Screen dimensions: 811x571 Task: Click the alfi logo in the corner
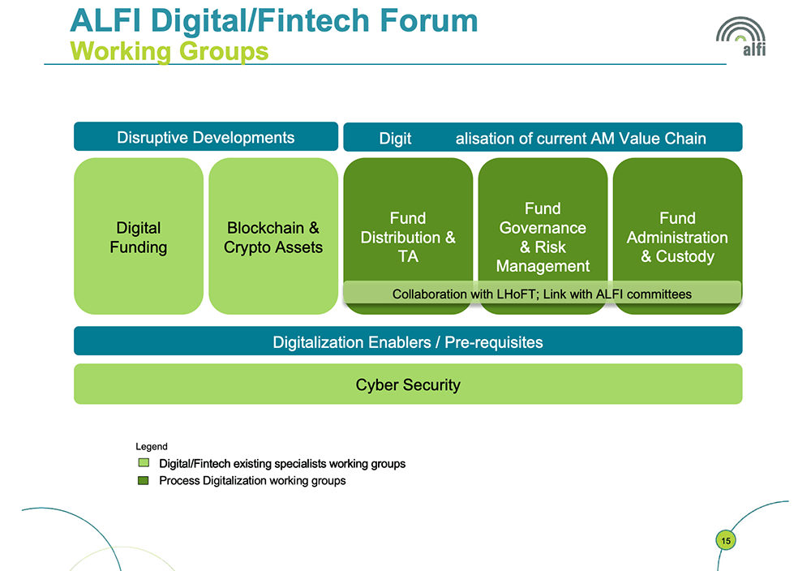point(741,36)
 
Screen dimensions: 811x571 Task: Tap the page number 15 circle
point(726,540)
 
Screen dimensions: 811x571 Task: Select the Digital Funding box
point(139,236)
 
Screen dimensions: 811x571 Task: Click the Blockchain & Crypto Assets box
point(273,236)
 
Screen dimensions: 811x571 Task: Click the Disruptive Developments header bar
point(206,136)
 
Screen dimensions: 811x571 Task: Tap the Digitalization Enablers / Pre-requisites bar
point(408,341)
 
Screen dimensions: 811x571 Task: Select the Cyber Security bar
point(408,384)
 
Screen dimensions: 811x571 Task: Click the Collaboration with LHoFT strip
point(542,293)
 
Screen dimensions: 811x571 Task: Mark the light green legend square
point(144,462)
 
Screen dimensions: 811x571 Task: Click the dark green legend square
point(144,480)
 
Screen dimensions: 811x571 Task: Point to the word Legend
point(152,446)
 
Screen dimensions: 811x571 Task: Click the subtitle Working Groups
point(169,51)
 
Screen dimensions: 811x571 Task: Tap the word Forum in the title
point(429,21)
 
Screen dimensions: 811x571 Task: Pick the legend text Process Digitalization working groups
point(252,480)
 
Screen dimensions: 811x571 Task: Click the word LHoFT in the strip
point(516,294)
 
